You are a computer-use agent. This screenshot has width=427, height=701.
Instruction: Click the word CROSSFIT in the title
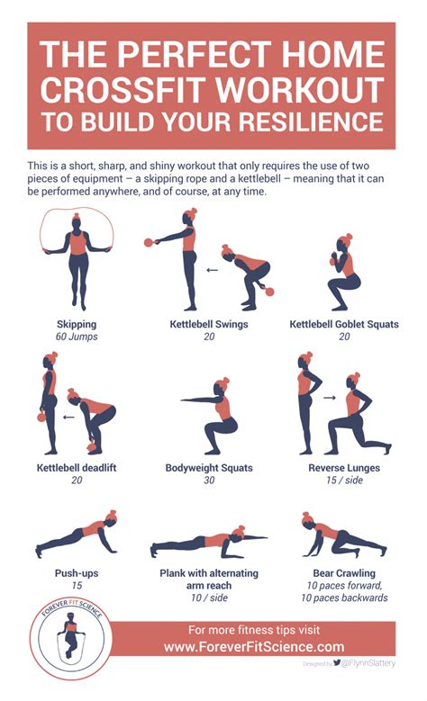[129, 89]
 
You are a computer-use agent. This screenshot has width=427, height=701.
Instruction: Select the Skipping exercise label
[76, 324]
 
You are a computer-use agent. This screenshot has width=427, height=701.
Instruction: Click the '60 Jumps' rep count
[76, 337]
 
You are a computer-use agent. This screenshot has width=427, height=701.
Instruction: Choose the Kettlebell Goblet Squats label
[343, 324]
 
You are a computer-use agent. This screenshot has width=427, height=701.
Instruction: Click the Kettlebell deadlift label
[76, 468]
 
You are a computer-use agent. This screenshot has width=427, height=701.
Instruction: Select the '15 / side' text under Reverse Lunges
[343, 481]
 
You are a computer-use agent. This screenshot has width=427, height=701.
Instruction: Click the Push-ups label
[76, 572]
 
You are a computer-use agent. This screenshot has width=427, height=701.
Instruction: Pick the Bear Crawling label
[343, 572]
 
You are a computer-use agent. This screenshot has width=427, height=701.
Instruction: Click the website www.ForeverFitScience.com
[254, 647]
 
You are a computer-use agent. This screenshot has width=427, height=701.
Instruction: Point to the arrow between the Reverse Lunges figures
[330, 396]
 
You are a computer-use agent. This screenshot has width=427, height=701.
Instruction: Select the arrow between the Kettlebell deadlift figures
[68, 418]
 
